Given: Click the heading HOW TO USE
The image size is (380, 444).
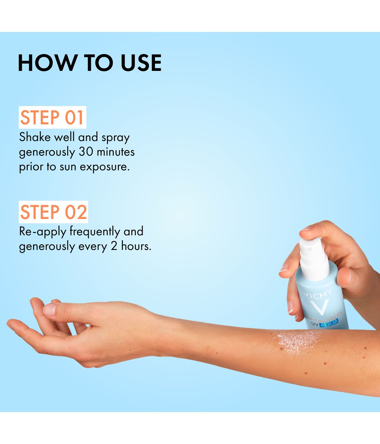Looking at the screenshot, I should click(90, 63).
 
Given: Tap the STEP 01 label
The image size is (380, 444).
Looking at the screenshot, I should click(52, 118).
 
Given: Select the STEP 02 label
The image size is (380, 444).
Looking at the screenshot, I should click(54, 212).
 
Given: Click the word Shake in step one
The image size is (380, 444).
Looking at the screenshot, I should click(35, 137).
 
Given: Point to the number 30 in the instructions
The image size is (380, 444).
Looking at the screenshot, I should click(85, 152).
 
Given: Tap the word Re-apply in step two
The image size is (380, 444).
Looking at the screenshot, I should click(43, 231).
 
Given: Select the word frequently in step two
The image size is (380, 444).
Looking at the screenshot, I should click(95, 231).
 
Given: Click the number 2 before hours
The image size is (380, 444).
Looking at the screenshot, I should click(114, 246).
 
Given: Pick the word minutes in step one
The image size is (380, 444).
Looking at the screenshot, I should click(116, 152).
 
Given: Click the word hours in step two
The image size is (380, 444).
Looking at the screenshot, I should click(136, 246).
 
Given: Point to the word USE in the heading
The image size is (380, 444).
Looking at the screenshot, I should click(141, 63).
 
